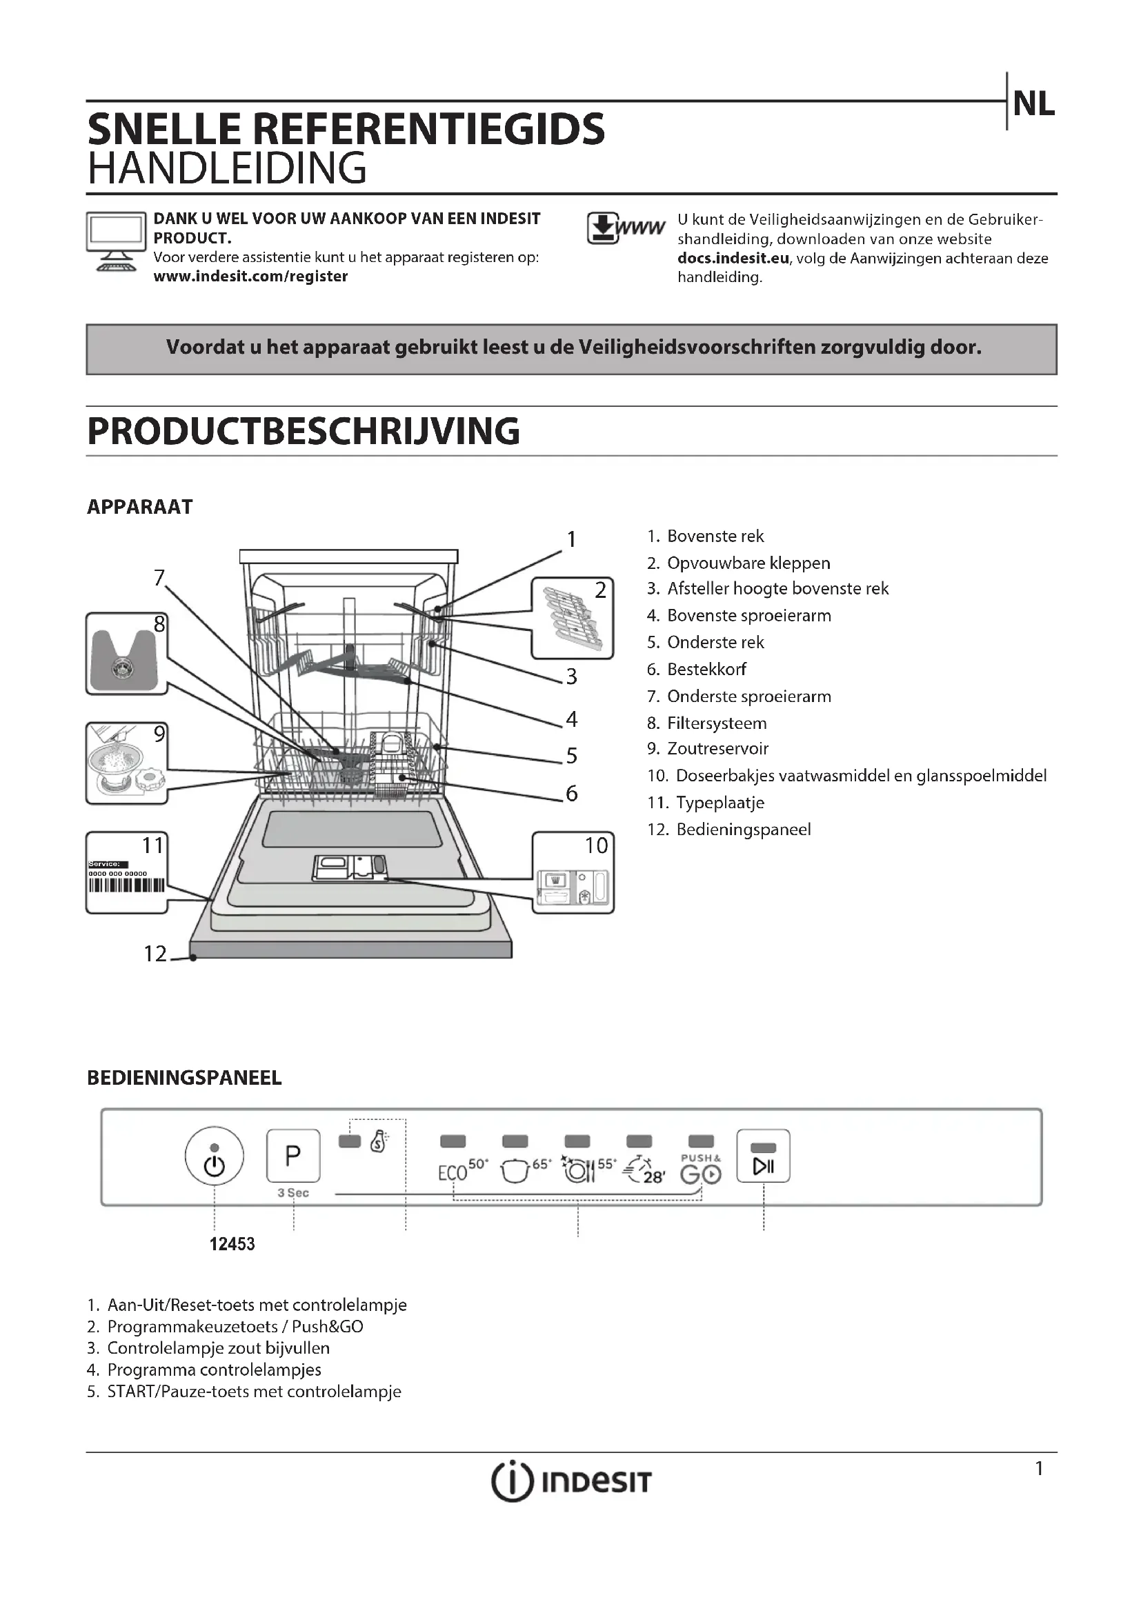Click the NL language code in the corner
click(1033, 104)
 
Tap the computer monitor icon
click(115, 241)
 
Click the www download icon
click(624, 228)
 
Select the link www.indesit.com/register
click(250, 276)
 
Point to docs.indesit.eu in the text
click(733, 258)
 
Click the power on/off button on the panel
click(215, 1156)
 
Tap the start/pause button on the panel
click(763, 1156)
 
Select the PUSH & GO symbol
click(700, 1170)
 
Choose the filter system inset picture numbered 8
click(126, 653)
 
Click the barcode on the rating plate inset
click(126, 885)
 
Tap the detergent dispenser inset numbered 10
click(573, 873)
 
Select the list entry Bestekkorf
click(706, 669)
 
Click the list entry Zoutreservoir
click(717, 748)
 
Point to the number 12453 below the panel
click(232, 1244)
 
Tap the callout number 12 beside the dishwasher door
click(155, 953)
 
